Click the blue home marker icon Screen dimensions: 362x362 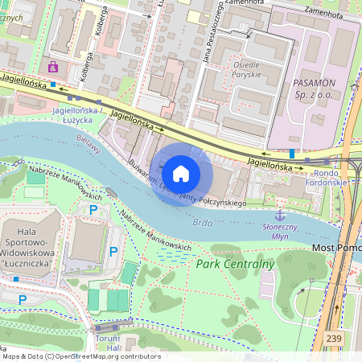click(181, 174)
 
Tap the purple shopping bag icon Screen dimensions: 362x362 click(53, 67)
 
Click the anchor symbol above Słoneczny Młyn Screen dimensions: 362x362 click(280, 215)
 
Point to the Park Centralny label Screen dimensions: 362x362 click(235, 263)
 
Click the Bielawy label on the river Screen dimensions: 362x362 click(88, 147)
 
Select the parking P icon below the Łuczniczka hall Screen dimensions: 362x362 click(22, 300)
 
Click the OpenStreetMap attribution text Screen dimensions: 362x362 click(80, 356)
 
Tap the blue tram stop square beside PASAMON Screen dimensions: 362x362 click(291, 152)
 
